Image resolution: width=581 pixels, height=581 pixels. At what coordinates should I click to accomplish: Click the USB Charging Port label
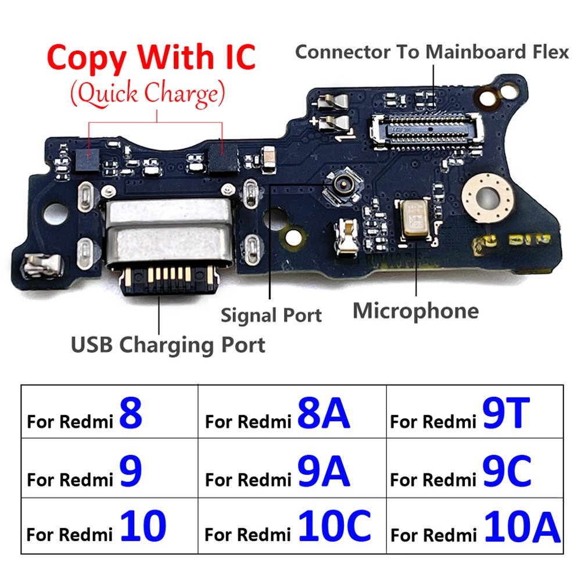coord(168,345)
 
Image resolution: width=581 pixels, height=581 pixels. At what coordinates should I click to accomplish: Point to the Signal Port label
coord(271,315)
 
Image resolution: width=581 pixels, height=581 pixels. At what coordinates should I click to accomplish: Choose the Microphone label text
coord(416,311)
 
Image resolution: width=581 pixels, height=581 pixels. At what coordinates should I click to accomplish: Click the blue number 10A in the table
coord(521,526)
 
